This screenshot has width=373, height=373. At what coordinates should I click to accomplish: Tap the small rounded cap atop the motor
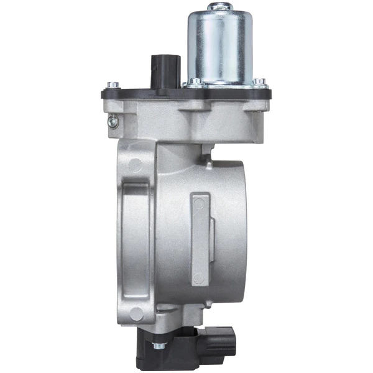pos(219,7)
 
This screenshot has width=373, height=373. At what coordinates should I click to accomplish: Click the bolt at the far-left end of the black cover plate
pos(110,85)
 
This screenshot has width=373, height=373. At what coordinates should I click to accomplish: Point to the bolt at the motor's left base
pos(195,80)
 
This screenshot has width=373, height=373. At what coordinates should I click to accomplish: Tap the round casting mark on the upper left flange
pos(133,165)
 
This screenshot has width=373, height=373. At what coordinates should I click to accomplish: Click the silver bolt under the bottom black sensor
pos(160,345)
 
